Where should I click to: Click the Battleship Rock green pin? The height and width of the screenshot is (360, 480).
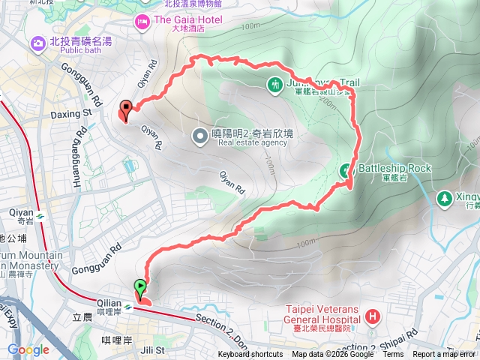coord(348,169)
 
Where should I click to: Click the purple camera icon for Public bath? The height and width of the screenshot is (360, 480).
coord(37,44)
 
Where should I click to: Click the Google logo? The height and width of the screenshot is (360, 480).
coord(28,349)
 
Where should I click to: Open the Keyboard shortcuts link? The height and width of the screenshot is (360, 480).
coord(250,355)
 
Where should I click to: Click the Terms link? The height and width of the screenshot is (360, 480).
coord(393,355)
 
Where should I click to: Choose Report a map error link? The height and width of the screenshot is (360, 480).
coord(444,355)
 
